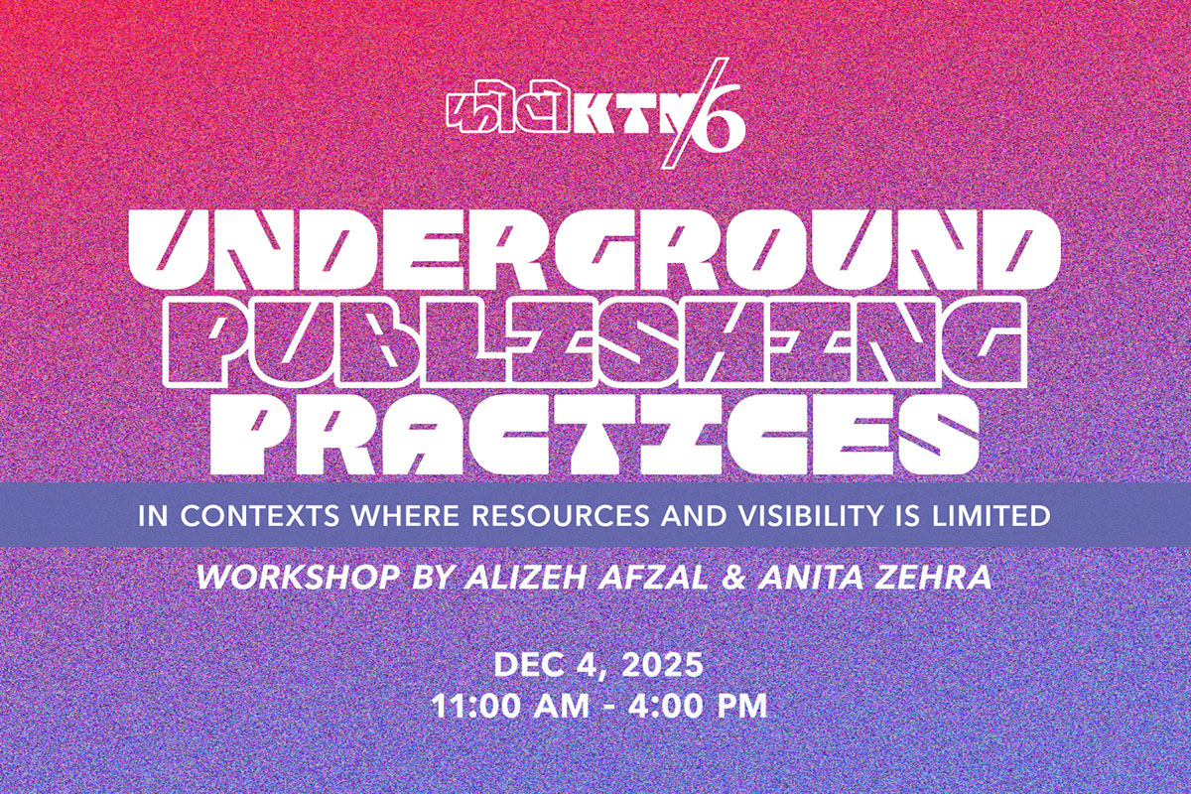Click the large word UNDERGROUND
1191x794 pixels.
[x=595, y=250]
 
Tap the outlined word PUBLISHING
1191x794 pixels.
[x=595, y=341]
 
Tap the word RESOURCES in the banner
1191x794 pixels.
[x=561, y=515]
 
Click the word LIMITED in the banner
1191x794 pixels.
[x=992, y=515]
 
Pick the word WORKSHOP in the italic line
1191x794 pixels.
[x=299, y=578]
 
